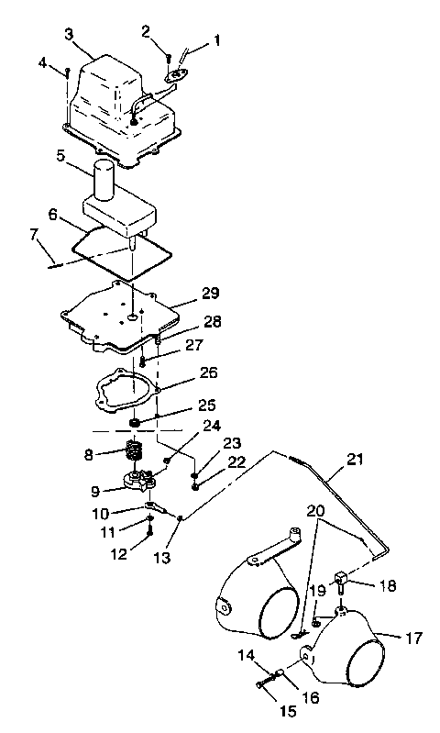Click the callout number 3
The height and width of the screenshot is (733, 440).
(70, 34)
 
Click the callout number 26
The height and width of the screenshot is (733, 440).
(207, 373)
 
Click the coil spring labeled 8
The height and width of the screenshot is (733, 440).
(137, 451)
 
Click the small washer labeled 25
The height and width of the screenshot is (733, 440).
(137, 422)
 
